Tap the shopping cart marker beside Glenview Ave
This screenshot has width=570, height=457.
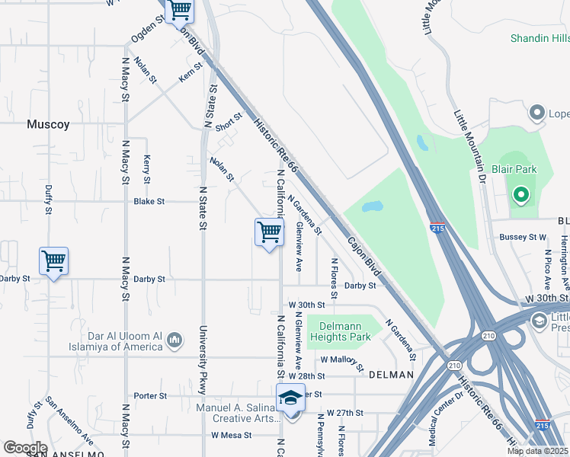269,232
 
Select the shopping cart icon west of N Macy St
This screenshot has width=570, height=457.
53,261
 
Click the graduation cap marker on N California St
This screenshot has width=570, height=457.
290,398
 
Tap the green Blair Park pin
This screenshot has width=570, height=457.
521,195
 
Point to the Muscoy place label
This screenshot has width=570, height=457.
48,123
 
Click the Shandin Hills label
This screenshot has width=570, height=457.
540,38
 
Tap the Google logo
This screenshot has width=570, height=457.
25,447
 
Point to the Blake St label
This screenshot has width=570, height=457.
149,202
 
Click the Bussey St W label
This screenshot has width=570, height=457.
524,238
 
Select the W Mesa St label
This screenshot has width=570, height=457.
231,436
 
